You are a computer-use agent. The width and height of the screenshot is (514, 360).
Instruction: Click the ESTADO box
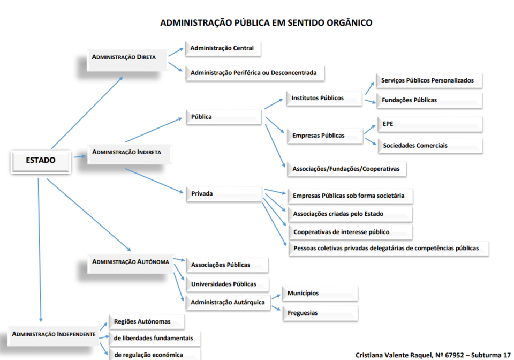(x=41, y=160)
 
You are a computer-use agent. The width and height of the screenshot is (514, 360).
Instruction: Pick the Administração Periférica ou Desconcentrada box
(x=254, y=72)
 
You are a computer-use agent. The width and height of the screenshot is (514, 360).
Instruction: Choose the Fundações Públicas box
(x=429, y=100)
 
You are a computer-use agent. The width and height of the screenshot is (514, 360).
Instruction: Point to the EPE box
(x=429, y=124)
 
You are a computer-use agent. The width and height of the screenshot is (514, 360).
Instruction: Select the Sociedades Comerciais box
(x=429, y=145)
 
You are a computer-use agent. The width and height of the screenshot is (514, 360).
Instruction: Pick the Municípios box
(x=320, y=294)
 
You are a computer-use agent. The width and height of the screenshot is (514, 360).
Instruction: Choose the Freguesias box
(x=320, y=313)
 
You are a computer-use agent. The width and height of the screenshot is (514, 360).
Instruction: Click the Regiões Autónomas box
(x=146, y=321)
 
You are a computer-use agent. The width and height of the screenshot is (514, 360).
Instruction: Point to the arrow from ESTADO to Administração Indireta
(x=80, y=156)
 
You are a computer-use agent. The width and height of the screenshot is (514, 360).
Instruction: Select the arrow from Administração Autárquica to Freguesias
(x=276, y=306)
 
